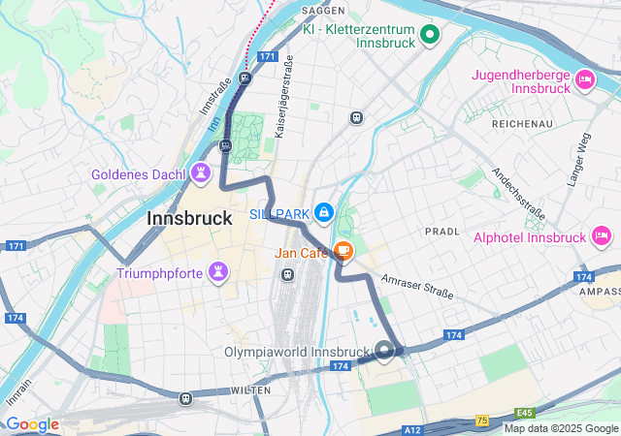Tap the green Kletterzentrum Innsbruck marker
point(430,36)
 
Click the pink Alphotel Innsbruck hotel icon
point(601,236)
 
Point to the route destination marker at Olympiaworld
point(385,351)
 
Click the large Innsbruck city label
point(189,219)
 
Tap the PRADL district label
point(441,232)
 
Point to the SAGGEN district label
point(324,10)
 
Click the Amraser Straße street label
point(418,288)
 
